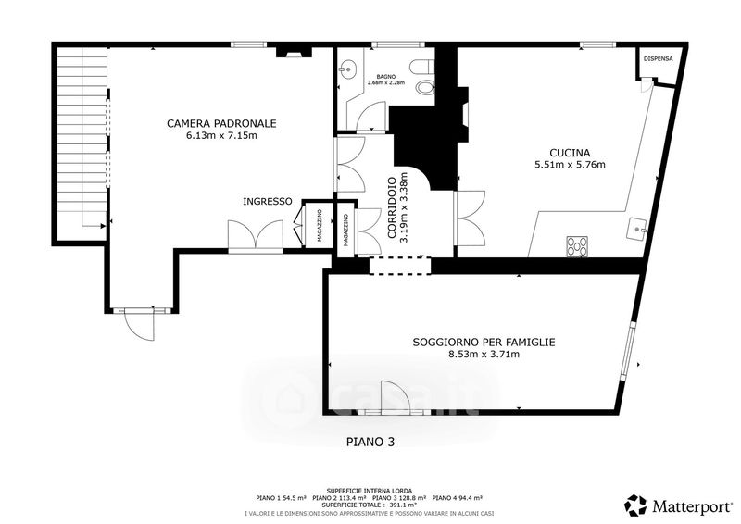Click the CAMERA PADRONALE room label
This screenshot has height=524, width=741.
(221, 123)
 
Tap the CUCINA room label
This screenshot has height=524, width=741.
(570, 153)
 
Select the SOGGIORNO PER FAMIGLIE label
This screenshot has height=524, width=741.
(484, 343)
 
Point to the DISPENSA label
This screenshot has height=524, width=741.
(659, 59)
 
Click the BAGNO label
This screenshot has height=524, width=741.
(385, 76)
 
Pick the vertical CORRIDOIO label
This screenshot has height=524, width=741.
(393, 209)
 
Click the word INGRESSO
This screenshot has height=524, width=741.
(268, 201)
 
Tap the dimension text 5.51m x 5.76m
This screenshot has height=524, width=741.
(570, 166)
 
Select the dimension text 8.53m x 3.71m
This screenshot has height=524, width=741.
(484, 355)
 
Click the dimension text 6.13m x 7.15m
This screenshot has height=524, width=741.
(221, 136)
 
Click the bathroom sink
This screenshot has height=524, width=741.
(346, 68)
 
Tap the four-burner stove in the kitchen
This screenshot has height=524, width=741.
(577, 246)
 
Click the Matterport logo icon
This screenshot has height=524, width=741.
(635, 505)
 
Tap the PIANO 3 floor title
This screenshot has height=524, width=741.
(370, 443)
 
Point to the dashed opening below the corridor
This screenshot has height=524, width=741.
(400, 266)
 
